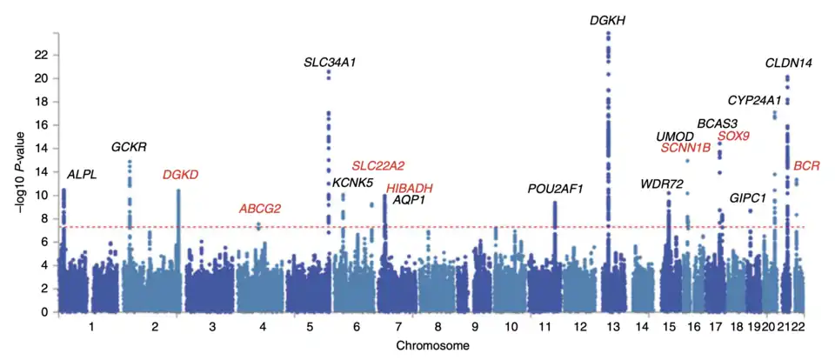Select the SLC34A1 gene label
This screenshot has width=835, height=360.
330,63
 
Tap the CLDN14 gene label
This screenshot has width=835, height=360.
789,63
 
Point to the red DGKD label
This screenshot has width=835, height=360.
181,175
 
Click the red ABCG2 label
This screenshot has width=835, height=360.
260,209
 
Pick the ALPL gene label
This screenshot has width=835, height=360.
82,175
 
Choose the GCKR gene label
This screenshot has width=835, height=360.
129,146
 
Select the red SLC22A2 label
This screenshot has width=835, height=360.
378,165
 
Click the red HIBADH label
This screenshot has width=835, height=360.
410,188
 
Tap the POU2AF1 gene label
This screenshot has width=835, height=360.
555,189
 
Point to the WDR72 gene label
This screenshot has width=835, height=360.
662,183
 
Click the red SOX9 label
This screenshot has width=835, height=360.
734,137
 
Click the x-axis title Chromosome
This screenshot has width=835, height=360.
432,346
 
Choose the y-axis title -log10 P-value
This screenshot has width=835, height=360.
12,174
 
